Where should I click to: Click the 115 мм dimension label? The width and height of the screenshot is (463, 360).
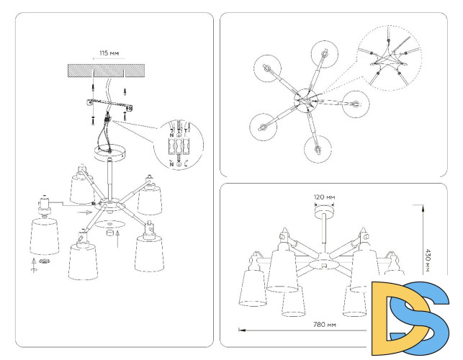(x=107, y=53)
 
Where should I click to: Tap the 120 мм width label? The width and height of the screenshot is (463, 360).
(x=325, y=196)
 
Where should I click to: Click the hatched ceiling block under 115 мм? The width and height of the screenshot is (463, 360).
(x=107, y=71)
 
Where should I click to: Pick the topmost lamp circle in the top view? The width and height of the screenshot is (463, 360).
(x=325, y=53)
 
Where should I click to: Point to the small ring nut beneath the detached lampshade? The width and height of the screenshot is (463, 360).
(x=45, y=264)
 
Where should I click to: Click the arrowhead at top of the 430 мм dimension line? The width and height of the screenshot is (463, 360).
(x=424, y=207)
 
